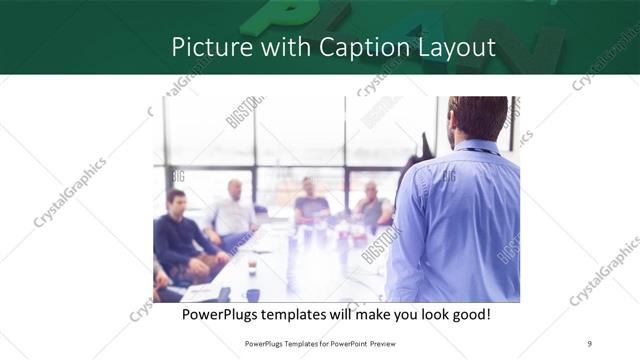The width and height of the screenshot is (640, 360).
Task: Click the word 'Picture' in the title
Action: (x=205, y=47)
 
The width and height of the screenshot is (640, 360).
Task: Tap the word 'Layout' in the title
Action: (x=455, y=47)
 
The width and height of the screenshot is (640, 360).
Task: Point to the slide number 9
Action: (x=589, y=343)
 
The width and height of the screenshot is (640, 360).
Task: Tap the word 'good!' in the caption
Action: (x=467, y=314)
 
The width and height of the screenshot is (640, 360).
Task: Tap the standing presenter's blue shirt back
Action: (x=460, y=220)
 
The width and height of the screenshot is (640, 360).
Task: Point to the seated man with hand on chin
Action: (x=372, y=205)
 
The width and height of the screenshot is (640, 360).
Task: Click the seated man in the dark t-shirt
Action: (x=311, y=203)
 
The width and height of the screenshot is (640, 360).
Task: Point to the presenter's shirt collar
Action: (x=480, y=147)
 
